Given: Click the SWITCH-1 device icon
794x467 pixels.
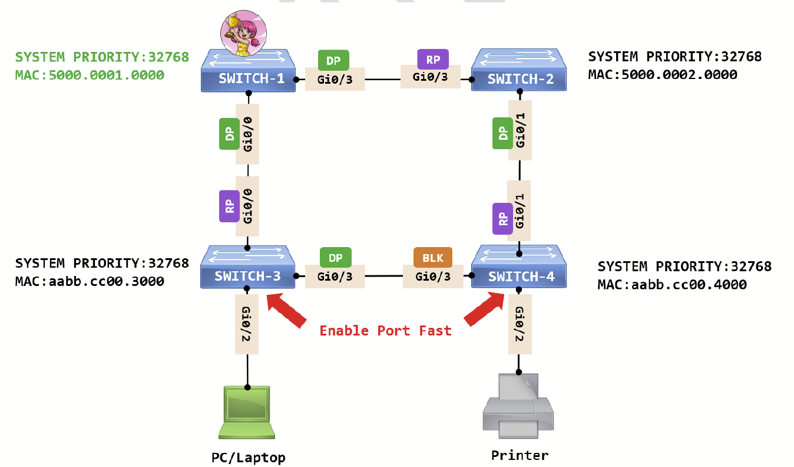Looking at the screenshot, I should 248,71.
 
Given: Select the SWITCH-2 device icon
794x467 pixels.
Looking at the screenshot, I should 520,71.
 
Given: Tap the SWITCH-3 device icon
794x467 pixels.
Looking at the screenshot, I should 248,268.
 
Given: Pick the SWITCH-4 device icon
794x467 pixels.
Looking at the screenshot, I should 520,268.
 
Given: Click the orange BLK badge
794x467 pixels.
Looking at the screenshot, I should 433,258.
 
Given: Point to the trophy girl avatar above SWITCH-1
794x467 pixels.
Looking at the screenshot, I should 242,34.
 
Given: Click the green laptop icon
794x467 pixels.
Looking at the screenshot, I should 247,413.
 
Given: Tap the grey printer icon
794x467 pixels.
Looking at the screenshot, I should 518,406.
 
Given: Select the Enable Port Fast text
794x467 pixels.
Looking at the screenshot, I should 385,331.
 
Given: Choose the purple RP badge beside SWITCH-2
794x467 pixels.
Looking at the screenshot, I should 433,59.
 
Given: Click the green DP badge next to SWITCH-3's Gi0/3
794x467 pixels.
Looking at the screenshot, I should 335,258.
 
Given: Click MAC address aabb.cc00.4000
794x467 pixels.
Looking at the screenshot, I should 672,285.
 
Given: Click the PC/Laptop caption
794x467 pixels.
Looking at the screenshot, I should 248,458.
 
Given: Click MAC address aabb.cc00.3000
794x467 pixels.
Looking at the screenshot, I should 90,282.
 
